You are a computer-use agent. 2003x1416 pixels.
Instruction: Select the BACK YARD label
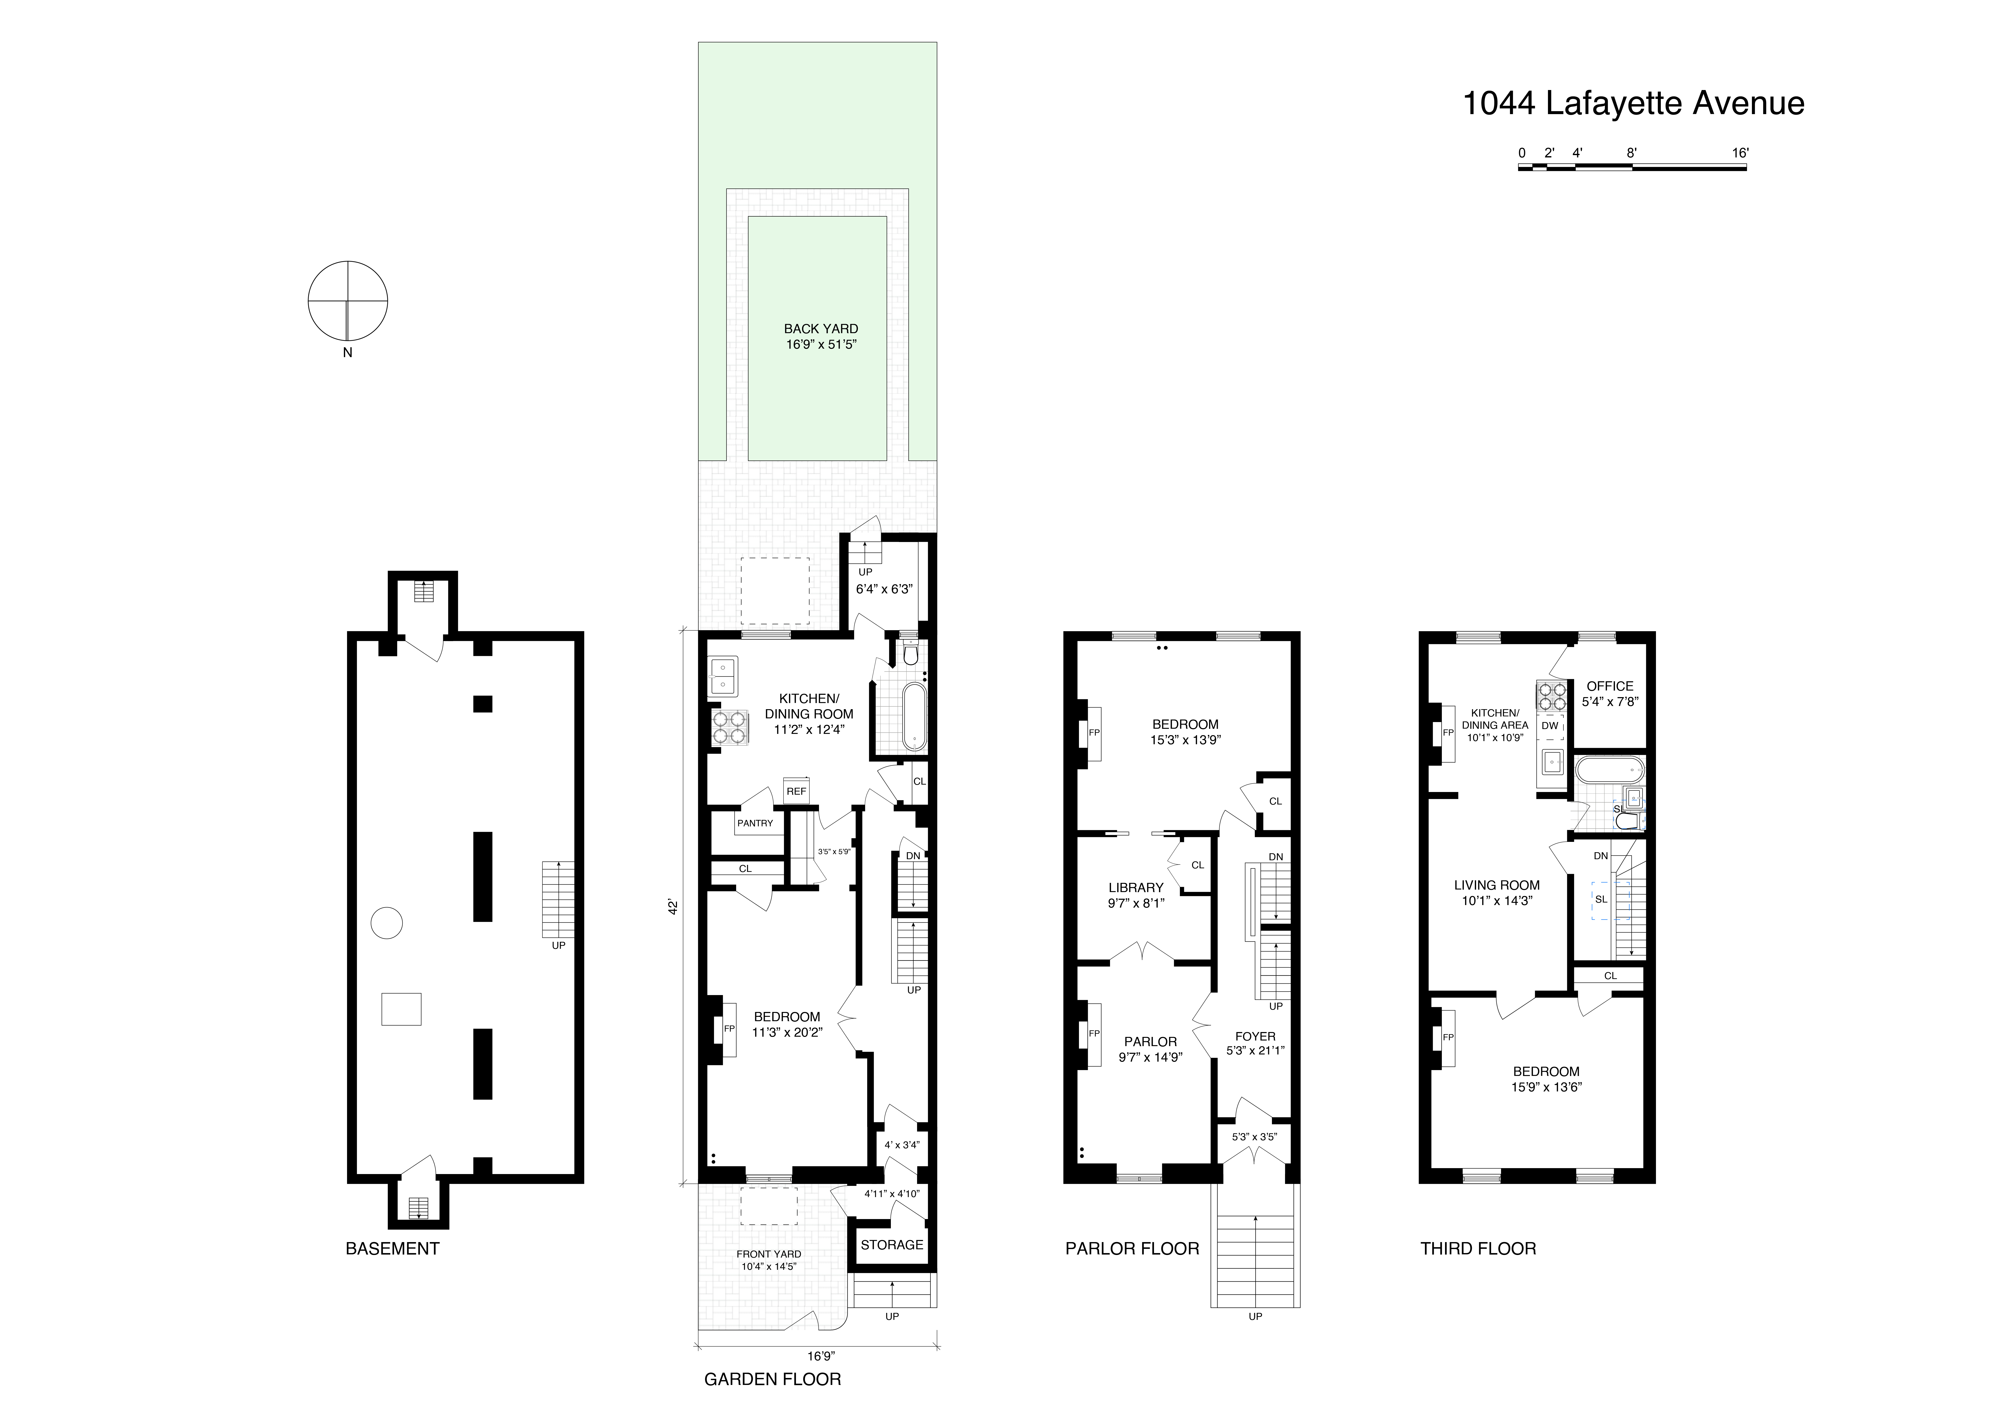[x=820, y=329]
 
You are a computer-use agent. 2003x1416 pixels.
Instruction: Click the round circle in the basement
[x=387, y=922]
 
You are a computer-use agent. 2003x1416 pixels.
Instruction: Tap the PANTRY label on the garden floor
[x=755, y=823]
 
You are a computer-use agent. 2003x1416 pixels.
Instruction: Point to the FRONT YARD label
[x=768, y=1254]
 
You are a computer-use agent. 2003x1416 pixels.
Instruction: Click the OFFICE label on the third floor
[x=1609, y=686]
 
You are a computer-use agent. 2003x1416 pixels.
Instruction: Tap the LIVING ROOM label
[x=1496, y=885]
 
